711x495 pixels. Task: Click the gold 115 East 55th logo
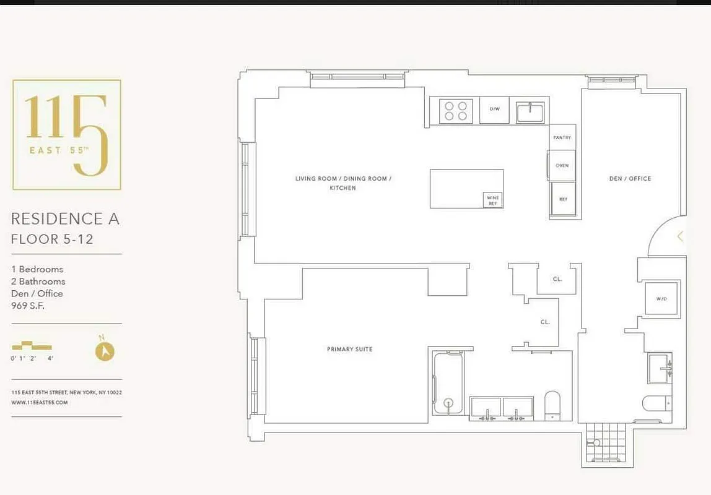click(67, 134)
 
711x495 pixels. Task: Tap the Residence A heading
click(65, 218)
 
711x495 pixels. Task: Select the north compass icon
click(105, 351)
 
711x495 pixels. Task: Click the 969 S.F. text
click(28, 306)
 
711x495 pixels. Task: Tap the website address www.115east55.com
click(39, 402)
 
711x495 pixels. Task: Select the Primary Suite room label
click(349, 350)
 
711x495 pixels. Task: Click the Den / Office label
click(630, 179)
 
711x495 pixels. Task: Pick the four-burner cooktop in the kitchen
click(456, 111)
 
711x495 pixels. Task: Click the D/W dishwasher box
click(494, 110)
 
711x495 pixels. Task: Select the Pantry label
click(562, 138)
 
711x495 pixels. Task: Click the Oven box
click(562, 166)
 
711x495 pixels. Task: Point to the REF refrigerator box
click(563, 199)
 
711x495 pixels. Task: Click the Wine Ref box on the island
click(492, 200)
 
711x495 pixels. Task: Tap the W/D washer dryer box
click(661, 299)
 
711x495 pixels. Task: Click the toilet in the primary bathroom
click(552, 405)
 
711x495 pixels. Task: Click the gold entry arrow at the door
click(679, 236)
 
